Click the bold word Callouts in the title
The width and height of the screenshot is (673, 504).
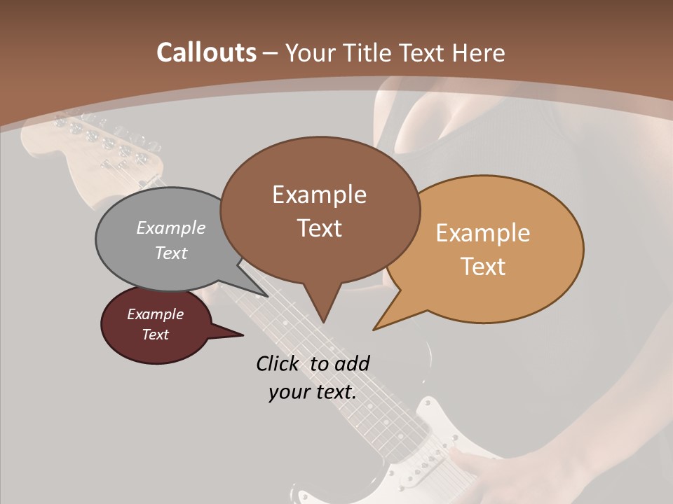click(x=206, y=52)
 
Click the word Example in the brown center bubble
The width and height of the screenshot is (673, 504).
click(x=319, y=195)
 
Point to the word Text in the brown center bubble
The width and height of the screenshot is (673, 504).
click(x=319, y=227)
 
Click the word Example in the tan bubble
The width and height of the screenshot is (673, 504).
click(x=483, y=233)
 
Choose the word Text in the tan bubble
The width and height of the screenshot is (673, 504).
click(x=483, y=267)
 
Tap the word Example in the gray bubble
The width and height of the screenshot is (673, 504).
click(x=171, y=228)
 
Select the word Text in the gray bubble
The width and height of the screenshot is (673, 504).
click(x=171, y=253)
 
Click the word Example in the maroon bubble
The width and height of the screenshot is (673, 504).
click(x=155, y=314)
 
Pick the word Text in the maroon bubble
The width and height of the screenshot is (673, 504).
click(x=155, y=335)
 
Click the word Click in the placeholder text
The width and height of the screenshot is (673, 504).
click(x=279, y=363)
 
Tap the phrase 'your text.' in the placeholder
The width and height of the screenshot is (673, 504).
click(x=312, y=392)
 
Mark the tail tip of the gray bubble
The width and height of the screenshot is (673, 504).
click(x=266, y=295)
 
